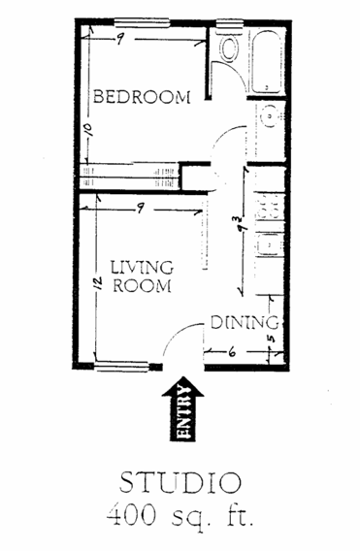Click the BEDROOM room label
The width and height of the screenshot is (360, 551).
142,97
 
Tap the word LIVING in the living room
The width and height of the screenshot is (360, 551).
142,268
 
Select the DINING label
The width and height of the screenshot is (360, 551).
245,323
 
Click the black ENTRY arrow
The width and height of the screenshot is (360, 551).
182,408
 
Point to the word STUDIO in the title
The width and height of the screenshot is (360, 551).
180,482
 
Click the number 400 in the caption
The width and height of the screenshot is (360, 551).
131,515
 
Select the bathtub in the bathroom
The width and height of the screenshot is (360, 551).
267,62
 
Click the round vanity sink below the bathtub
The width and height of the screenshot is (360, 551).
271,115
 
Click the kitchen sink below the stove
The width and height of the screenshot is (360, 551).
270,244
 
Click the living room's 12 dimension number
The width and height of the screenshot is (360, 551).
97,283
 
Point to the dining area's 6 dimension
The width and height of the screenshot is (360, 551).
232,352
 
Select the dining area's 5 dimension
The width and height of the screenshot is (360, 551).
271,339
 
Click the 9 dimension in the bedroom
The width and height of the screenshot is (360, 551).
120,40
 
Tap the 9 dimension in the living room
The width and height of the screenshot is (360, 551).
141,209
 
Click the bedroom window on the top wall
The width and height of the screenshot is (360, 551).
142,23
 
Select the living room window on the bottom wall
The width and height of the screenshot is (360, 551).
122,367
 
